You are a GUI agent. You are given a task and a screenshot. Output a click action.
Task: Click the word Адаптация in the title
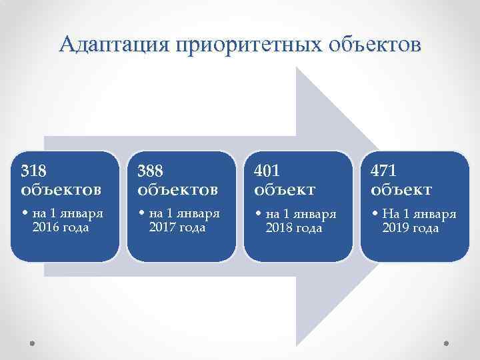tap(113, 45)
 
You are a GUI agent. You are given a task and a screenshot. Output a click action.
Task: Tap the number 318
tap(34, 171)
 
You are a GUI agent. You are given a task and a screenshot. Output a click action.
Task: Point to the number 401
tap(267, 171)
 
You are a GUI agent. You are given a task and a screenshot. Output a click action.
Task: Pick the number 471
tap(384, 171)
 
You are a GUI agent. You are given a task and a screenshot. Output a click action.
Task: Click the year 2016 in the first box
tap(45, 228)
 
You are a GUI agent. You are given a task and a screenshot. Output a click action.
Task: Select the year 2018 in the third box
tap(278, 228)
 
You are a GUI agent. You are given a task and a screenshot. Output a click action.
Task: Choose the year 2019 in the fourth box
tap(395, 228)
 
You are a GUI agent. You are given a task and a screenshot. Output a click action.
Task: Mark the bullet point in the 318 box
tap(25, 215)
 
